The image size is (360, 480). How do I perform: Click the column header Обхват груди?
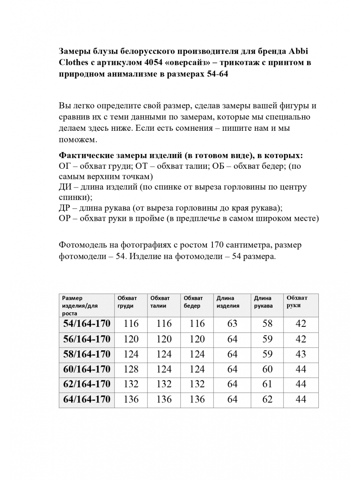coord(127,302)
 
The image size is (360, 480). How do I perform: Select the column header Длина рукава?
coord(263,302)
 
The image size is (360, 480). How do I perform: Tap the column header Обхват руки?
coord(297,301)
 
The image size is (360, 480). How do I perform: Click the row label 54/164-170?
coord(86,324)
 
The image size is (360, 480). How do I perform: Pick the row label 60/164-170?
coord(86,369)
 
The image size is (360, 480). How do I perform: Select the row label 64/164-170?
coord(86,399)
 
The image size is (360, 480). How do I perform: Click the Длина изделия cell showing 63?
coord(232,324)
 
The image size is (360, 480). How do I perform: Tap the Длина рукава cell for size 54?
coord(267,324)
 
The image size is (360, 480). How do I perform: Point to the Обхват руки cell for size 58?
coord(300,354)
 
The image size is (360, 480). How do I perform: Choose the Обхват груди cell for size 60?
coord(131,369)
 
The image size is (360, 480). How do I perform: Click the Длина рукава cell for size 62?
coord(267,384)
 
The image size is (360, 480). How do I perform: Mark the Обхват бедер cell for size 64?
coord(197,399)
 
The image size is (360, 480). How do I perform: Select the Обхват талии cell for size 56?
coord(164,339)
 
